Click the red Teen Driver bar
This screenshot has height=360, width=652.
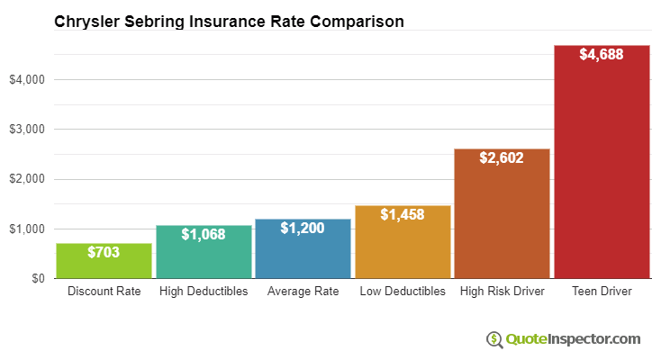point(601,171)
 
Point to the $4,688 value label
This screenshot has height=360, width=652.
point(601,55)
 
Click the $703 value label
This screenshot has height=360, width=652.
point(104,253)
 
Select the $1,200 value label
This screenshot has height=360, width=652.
point(303,229)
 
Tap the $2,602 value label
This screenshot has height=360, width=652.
point(502,157)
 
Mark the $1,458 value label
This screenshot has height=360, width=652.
point(403,214)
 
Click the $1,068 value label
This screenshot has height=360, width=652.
point(204,234)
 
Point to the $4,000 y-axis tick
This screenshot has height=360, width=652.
point(27,80)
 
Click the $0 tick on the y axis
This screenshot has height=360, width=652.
point(37,279)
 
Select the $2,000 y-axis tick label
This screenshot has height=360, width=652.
point(27,179)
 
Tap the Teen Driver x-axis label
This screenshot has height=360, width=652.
point(601,292)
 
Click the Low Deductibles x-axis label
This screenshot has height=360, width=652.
point(403,292)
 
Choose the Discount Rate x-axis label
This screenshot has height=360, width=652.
point(104,292)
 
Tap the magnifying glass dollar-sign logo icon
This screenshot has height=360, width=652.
point(494,339)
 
